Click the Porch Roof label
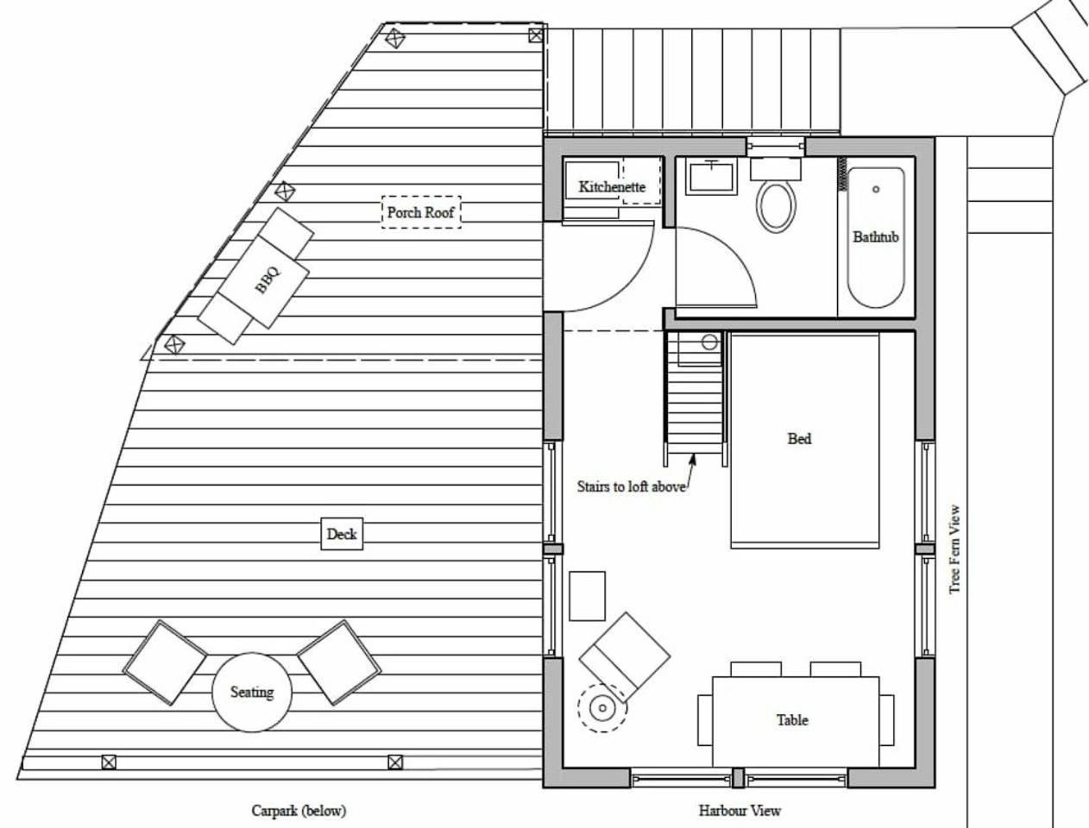coord(421,212)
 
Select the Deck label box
coord(342,534)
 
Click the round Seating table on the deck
coord(252,692)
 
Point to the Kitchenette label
coord(612,187)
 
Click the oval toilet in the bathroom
coord(776,206)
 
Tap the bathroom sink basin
coord(712,176)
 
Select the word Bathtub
coord(876,237)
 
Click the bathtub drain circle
coord(876,189)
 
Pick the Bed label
coord(799,438)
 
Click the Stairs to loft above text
coord(631,486)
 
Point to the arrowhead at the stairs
coord(693,459)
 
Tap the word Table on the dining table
coord(792,719)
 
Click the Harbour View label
coord(740,811)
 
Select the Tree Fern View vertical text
coord(954,549)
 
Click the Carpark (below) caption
coord(299,811)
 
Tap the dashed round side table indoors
coord(602,708)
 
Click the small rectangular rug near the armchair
coord(587,596)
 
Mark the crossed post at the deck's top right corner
coord(535,35)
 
